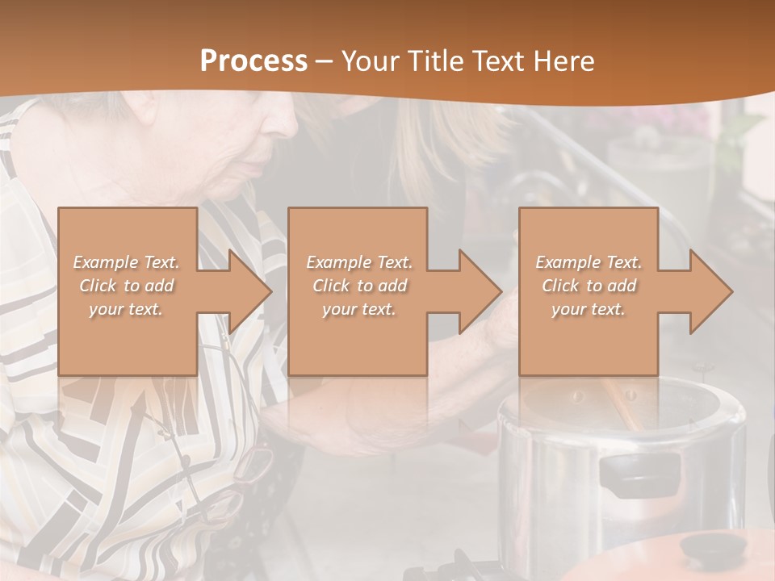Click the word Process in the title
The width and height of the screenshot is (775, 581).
[253, 61]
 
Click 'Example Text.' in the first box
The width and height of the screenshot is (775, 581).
[126, 262]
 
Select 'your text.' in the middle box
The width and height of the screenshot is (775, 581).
[358, 309]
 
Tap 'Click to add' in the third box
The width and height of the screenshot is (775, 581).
[589, 286]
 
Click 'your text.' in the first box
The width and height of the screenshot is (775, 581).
[126, 309]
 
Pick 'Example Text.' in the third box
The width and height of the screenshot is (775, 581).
[589, 262]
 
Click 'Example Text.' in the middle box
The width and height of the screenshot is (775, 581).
[358, 262]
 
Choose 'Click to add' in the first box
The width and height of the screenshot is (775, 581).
[126, 286]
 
